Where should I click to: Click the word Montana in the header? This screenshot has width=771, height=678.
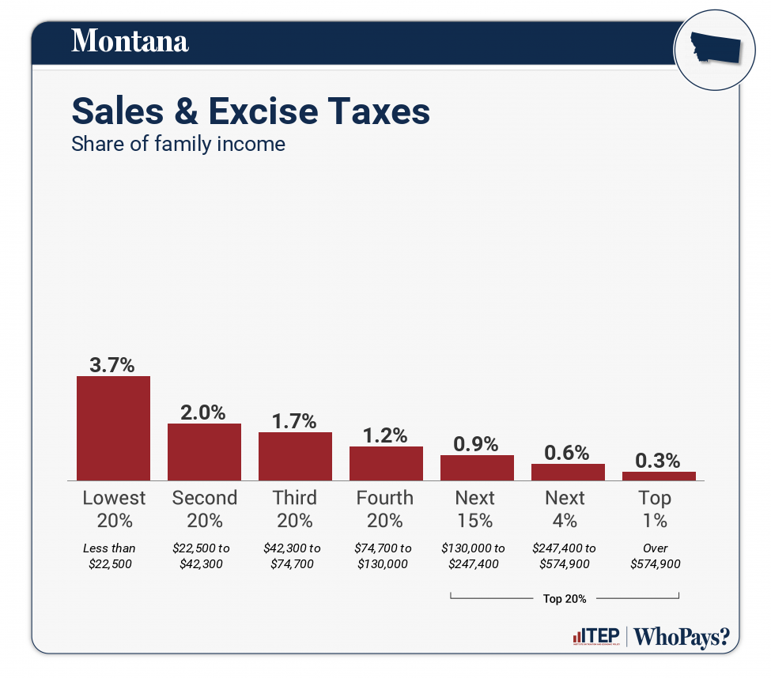click(130, 40)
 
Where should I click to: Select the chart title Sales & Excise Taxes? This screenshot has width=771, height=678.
click(251, 111)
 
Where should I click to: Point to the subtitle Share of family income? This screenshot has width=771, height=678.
click(178, 145)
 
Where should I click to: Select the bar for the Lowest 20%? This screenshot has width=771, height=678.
click(113, 428)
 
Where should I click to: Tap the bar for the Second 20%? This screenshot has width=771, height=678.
click(204, 452)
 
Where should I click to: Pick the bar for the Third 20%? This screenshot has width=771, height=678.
click(295, 456)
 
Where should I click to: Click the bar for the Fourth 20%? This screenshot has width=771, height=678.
click(386, 463)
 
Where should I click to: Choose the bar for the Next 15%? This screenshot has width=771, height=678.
click(477, 468)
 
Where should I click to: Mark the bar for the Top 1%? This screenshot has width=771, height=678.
click(659, 476)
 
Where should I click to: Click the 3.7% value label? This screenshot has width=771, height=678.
click(111, 365)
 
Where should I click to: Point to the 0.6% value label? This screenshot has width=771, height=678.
click(567, 453)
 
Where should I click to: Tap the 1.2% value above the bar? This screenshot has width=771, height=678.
click(385, 435)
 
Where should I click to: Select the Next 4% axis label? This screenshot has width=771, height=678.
click(565, 509)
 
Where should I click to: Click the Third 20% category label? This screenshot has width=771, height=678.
click(294, 509)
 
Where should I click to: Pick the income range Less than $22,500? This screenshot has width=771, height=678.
click(109, 556)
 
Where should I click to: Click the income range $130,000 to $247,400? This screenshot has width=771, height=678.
click(474, 556)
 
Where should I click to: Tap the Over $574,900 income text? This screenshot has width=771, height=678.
click(655, 556)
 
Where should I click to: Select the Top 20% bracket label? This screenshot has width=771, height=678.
click(564, 598)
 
